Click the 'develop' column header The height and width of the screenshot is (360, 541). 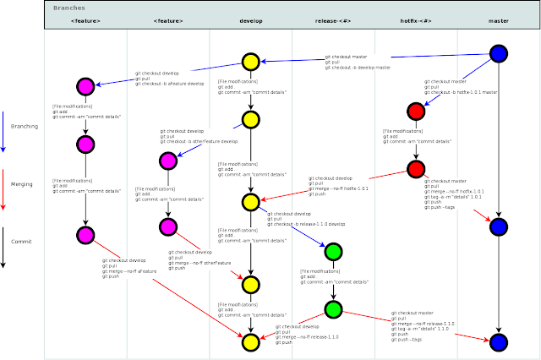[251, 19]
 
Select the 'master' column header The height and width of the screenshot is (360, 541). [498, 19]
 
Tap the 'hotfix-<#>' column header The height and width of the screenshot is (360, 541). [415, 19]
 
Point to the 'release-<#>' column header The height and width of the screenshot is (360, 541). [333, 19]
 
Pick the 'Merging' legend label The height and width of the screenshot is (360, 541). [22, 183]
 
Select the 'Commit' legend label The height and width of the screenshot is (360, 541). [21, 241]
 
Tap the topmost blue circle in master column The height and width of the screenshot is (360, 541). [498, 53]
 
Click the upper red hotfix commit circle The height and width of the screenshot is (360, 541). [415, 111]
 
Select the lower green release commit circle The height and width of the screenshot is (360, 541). [333, 309]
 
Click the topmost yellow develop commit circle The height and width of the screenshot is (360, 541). [250, 61]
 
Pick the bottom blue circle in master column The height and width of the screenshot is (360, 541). [498, 342]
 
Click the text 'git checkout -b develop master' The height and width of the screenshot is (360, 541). [358, 67]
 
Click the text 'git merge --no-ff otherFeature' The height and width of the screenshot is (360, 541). [199, 263]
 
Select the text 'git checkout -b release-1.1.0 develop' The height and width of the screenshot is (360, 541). [307, 224]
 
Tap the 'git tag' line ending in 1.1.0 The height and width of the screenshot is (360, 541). [423, 328]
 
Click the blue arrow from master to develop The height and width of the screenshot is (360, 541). [380, 57]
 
